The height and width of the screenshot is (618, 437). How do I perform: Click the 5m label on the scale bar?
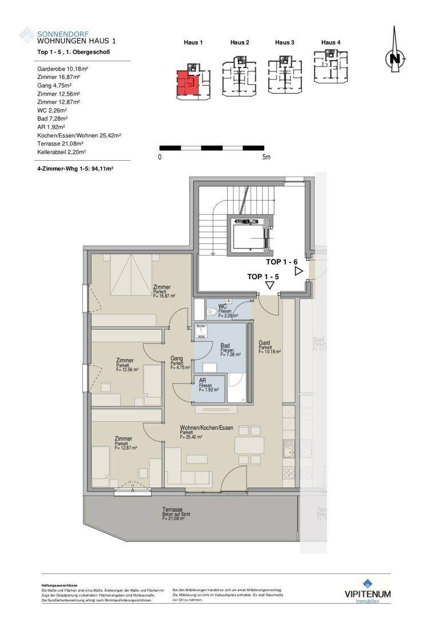[266, 157]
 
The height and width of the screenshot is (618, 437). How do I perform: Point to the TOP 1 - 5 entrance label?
[263, 276]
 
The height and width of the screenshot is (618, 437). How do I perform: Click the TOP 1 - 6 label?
[282, 262]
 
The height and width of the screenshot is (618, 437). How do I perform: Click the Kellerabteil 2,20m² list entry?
[61, 153]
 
